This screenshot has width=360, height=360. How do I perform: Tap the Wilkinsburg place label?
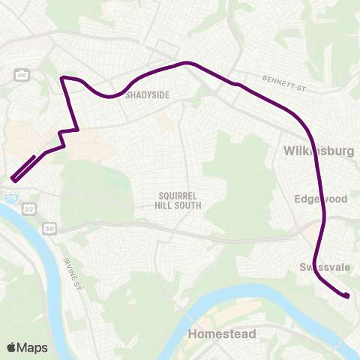[318, 151]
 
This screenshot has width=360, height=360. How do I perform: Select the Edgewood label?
[321, 199]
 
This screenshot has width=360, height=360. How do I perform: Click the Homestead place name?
[222, 334]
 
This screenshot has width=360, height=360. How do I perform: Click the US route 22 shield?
[28, 207]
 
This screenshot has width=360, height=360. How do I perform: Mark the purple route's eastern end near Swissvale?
[348, 296]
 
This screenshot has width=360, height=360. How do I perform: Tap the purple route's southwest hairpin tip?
[13, 178]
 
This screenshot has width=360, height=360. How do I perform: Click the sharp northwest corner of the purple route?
[62, 77]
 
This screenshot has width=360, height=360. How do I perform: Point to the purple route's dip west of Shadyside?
[110, 96]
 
